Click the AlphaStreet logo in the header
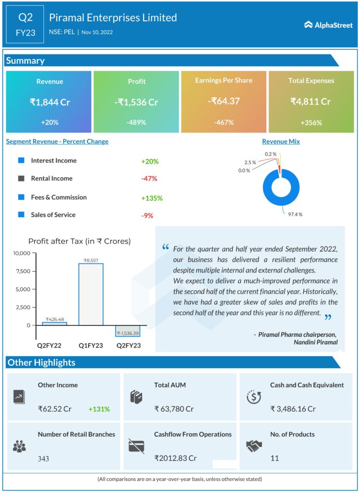(x=328, y=25)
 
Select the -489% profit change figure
(x=136, y=122)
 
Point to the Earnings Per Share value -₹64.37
(x=223, y=101)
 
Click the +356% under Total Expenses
(x=311, y=122)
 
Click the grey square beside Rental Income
(x=21, y=179)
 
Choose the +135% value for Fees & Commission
(x=152, y=198)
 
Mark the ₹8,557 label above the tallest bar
(x=91, y=260)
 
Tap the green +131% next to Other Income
(x=99, y=409)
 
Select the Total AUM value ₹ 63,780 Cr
(x=174, y=409)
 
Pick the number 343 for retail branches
(x=43, y=458)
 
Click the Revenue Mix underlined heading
(x=281, y=142)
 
